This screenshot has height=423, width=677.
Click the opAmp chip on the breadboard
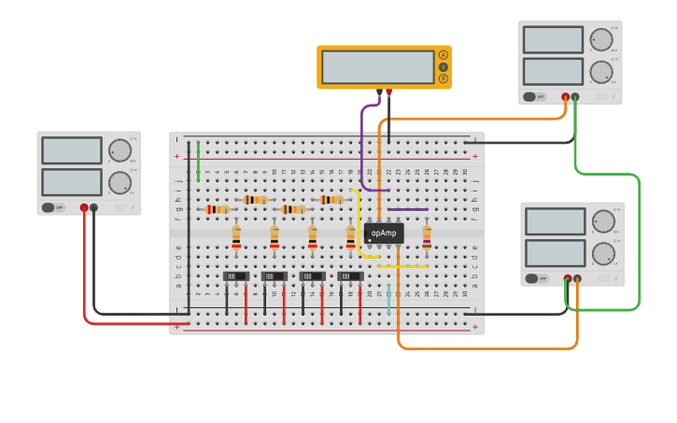[384, 233]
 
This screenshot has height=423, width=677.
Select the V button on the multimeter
[443, 66]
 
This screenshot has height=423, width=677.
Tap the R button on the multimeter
[443, 78]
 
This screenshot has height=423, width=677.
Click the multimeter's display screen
[377, 66]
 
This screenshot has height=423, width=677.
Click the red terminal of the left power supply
[84, 207]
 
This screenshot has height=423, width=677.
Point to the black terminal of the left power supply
[94, 207]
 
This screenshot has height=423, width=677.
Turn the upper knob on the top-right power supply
[599, 40]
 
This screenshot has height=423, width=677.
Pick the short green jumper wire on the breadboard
[198, 161]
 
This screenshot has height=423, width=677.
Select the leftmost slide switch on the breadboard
[236, 276]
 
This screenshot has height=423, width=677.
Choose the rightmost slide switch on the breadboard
[350, 276]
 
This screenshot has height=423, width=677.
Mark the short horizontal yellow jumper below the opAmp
[403, 266]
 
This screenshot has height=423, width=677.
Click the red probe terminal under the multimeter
[389, 92]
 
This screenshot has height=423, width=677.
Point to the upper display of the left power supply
[72, 150]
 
